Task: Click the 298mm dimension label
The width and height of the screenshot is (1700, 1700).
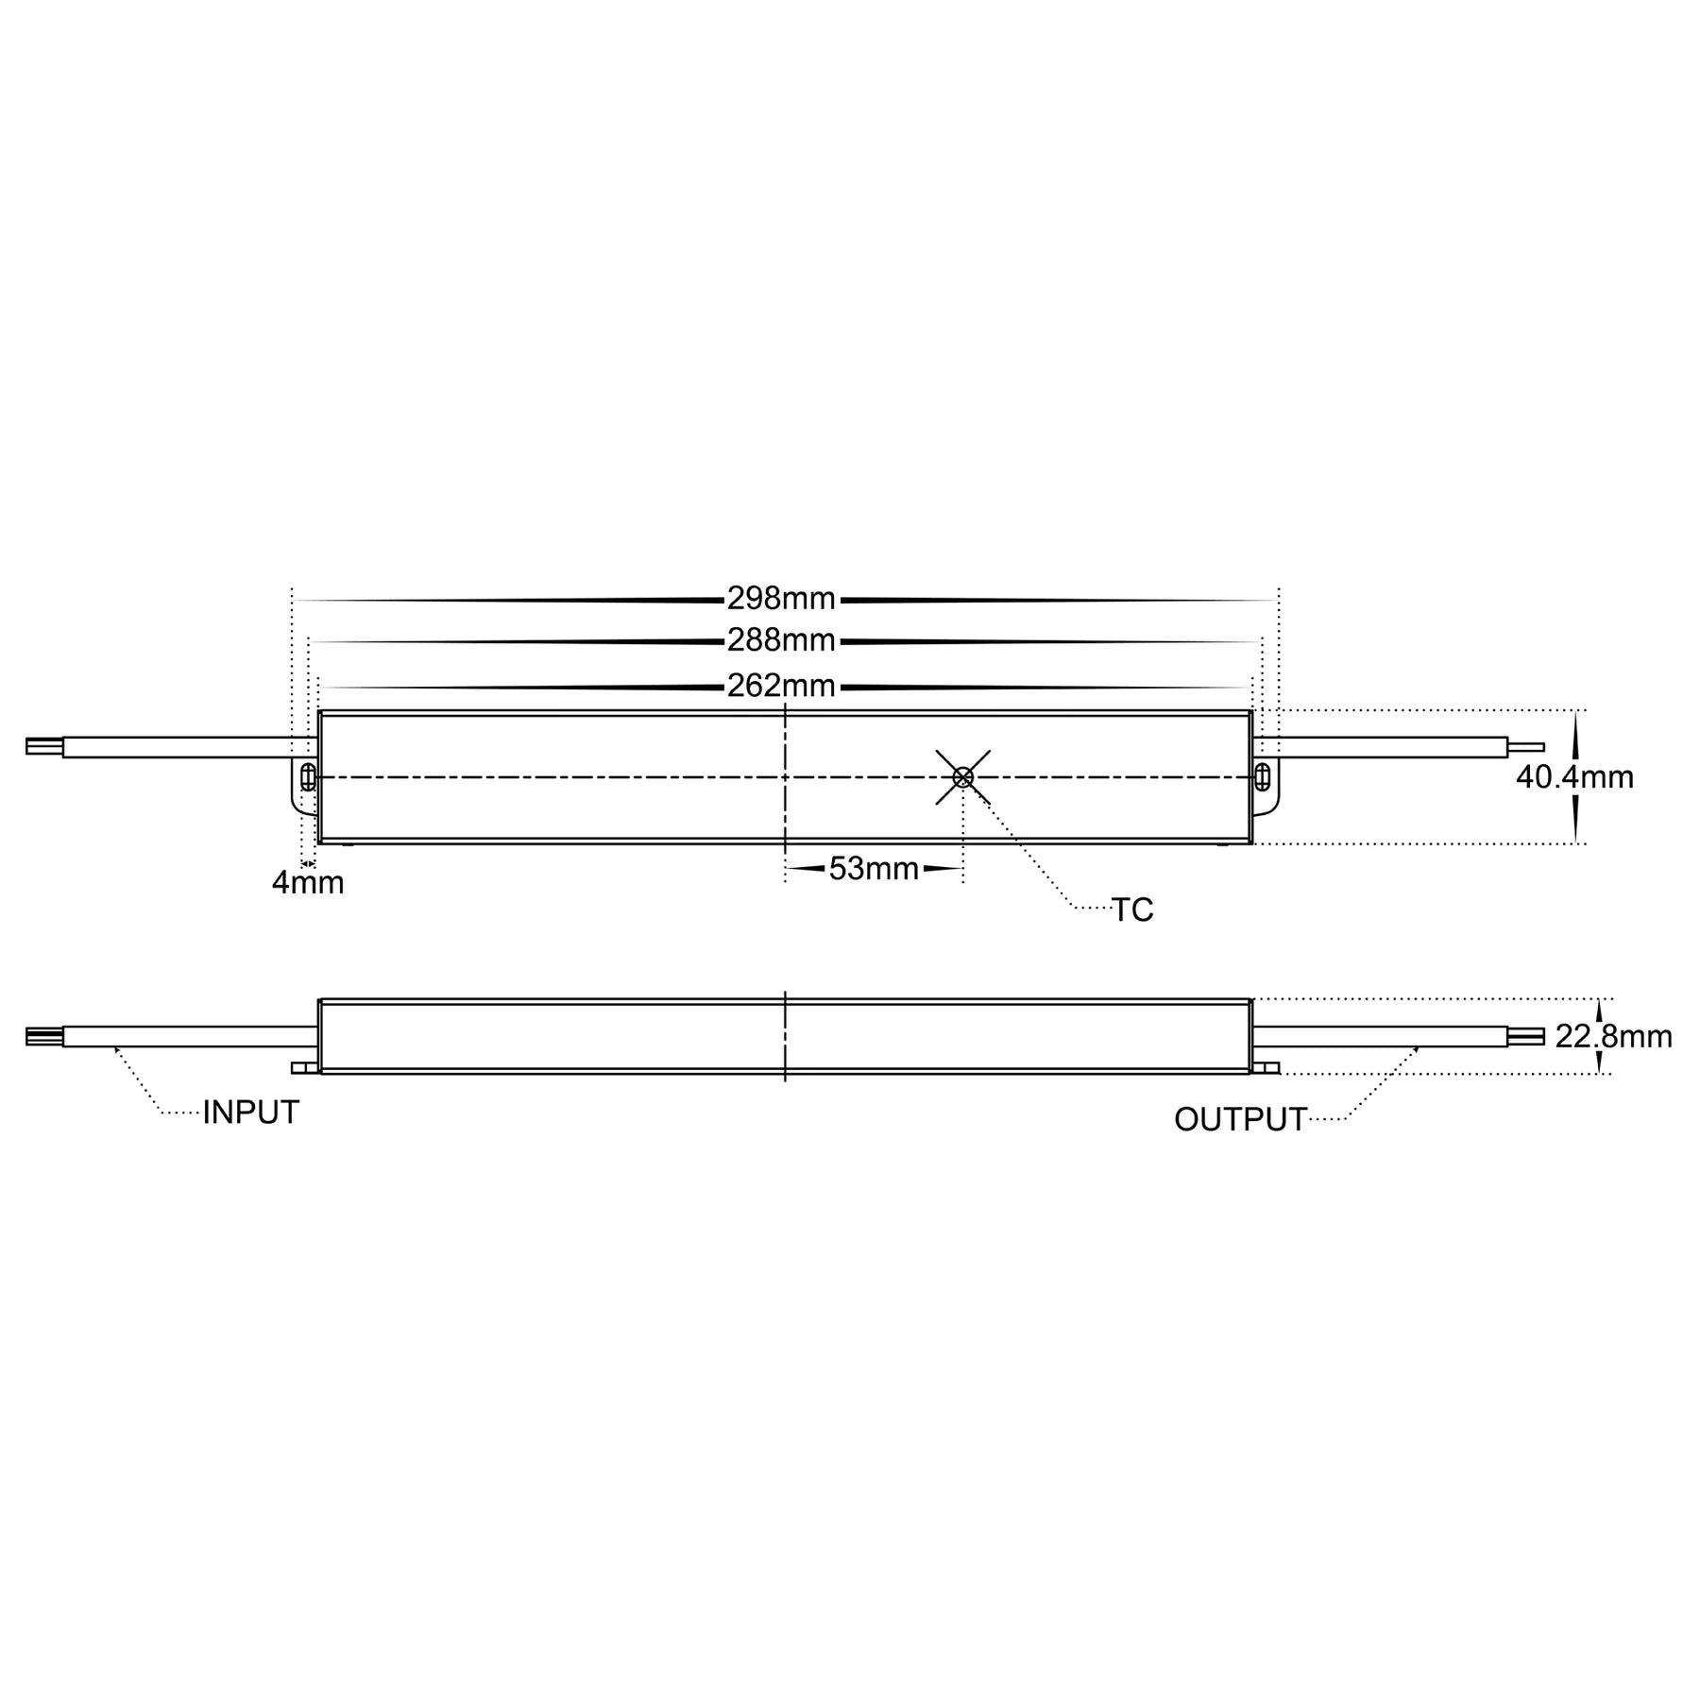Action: (x=781, y=598)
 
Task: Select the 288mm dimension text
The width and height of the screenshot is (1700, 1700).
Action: (x=781, y=641)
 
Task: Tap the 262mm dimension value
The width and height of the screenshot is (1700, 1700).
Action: (x=781, y=686)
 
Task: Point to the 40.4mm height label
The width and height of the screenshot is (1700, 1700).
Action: (x=1574, y=777)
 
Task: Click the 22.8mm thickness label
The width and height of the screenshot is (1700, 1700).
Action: (x=1613, y=1037)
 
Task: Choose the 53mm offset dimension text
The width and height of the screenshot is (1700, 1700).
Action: (x=874, y=869)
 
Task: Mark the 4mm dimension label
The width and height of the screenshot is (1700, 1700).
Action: (x=308, y=884)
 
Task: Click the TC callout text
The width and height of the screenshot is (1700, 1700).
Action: (x=1132, y=910)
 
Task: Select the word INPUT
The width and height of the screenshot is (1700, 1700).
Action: (x=250, y=1113)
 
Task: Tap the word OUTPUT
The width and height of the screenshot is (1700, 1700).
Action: (x=1240, y=1120)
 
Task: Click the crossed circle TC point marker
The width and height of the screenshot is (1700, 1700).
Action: (x=963, y=777)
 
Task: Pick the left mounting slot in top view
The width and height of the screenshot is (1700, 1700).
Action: (x=307, y=778)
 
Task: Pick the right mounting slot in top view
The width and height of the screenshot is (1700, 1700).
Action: (x=1264, y=778)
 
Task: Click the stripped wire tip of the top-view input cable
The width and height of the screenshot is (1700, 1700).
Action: (x=43, y=747)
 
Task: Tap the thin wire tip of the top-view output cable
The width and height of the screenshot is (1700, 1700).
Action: (x=1526, y=747)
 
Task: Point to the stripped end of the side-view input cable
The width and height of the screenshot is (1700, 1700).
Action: (x=43, y=1037)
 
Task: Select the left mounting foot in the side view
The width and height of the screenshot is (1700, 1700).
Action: (x=305, y=1068)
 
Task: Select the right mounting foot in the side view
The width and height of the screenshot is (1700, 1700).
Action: (x=1266, y=1068)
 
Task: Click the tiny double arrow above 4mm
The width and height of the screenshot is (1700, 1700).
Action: (x=307, y=863)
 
